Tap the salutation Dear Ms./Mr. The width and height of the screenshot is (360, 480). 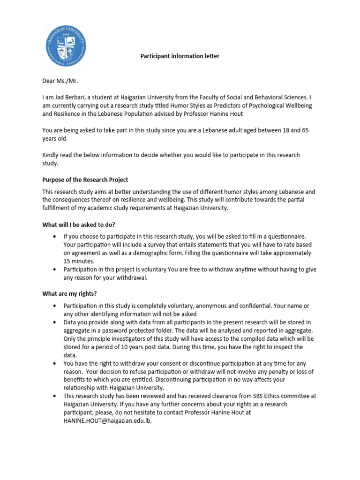(60, 81)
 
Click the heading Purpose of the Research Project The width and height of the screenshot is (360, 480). (85, 180)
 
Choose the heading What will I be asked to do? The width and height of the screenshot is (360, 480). (79, 225)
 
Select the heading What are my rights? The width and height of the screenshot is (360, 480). (69, 293)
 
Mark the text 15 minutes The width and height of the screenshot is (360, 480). (79, 261)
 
